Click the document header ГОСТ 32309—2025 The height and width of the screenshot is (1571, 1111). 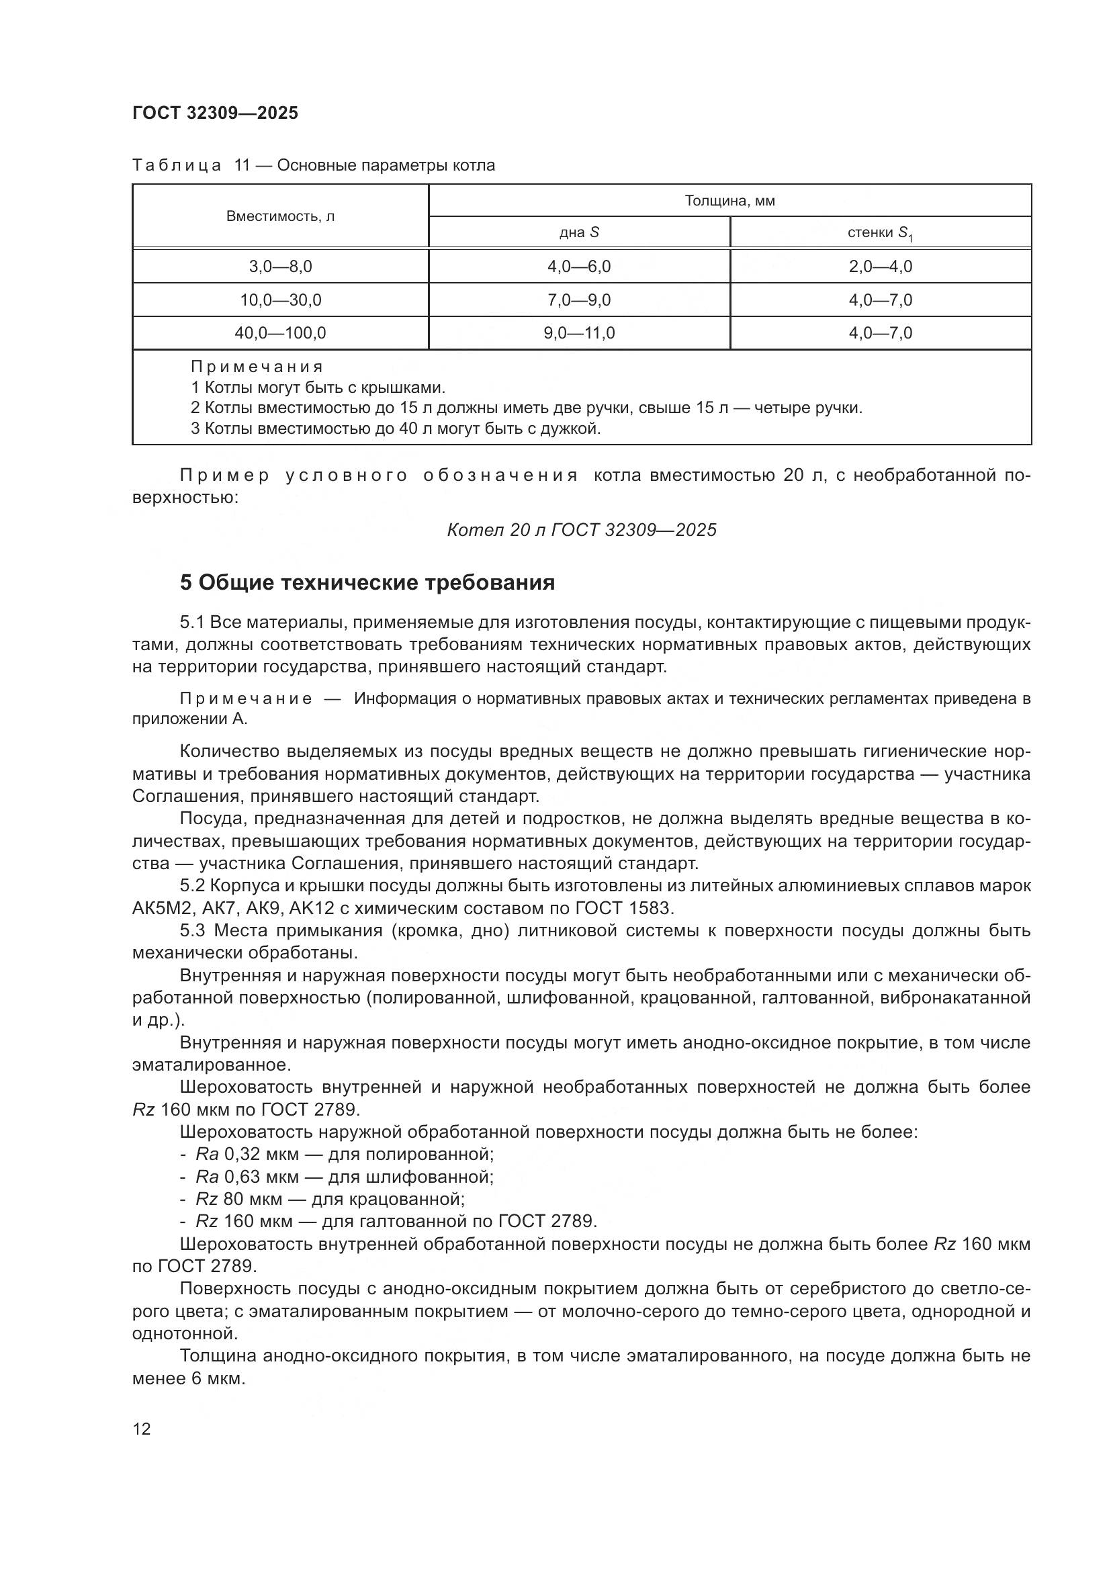pyautogui.click(x=216, y=114)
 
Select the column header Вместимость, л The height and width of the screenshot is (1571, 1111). pyautogui.click(x=281, y=217)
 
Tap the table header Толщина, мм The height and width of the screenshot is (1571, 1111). pyautogui.click(x=729, y=201)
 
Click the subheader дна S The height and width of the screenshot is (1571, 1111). pyautogui.click(x=579, y=232)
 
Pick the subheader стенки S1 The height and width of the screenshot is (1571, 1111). pyautogui.click(x=880, y=233)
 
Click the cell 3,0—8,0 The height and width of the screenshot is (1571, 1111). pyautogui.click(x=281, y=267)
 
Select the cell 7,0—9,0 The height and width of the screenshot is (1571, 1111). pyautogui.click(x=579, y=300)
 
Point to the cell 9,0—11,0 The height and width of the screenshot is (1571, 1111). pyautogui.click(x=579, y=333)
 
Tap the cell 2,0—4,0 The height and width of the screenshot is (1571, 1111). pyautogui.click(x=881, y=267)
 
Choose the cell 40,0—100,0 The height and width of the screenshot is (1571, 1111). pyautogui.click(x=281, y=333)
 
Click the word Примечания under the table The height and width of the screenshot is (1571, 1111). pyautogui.click(x=257, y=367)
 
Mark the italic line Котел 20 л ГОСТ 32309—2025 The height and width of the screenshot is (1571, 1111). pyautogui.click(x=582, y=531)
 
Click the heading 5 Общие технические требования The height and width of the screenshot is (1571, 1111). pyautogui.click(x=367, y=583)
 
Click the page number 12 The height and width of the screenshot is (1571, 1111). pyautogui.click(x=142, y=1429)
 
